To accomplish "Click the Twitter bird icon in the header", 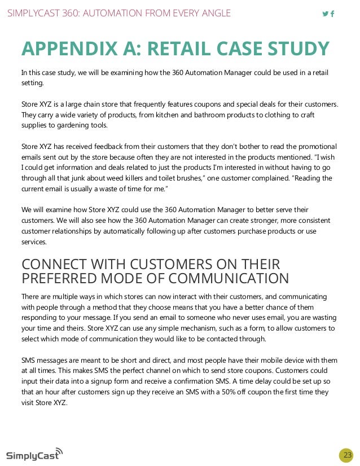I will point(325,14).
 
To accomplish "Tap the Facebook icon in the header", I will point(332,14).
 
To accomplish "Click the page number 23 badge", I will point(346,455).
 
